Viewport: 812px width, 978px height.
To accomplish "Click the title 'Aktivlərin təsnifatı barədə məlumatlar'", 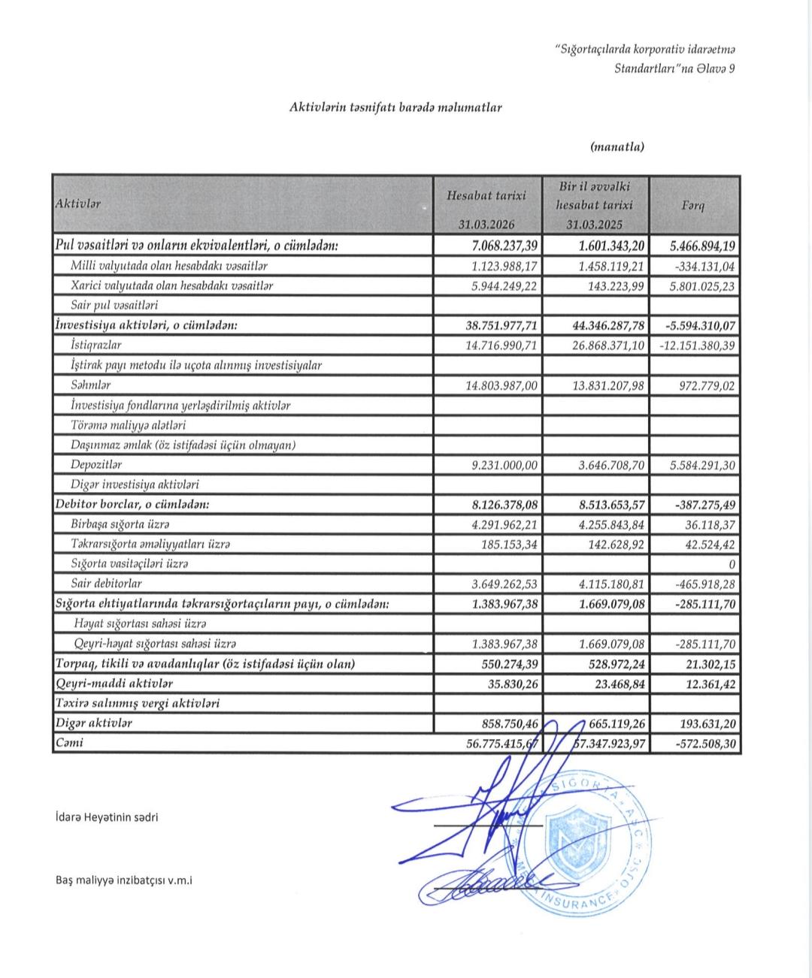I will tap(395, 107).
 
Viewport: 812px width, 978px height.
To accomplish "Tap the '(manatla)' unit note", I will tap(617, 147).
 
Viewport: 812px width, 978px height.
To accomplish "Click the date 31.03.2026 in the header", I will tap(487, 225).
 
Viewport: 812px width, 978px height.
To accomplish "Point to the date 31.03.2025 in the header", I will tap(595, 225).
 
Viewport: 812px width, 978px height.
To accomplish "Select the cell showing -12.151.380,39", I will tap(697, 346).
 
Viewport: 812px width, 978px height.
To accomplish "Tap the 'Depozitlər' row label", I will tap(96, 465).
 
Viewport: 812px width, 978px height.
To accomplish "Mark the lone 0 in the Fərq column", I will tap(732, 563).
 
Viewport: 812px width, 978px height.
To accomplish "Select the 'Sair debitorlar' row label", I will tap(106, 584).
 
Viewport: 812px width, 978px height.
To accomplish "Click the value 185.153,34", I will tap(510, 544).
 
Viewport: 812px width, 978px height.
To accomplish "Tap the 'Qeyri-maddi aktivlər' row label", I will tap(114, 684).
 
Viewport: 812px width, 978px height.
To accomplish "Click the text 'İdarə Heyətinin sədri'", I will tap(107, 817).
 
